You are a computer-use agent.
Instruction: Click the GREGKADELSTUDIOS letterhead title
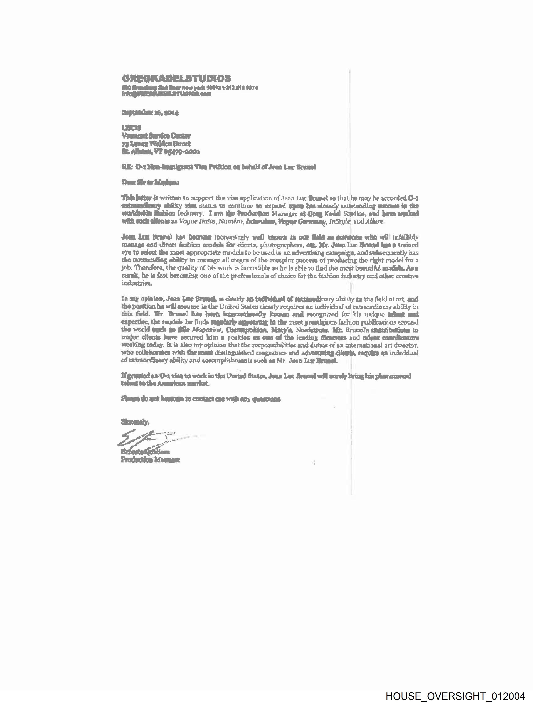pyautogui.click(x=176, y=78)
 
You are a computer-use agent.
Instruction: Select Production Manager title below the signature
pyautogui.click(x=150, y=460)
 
